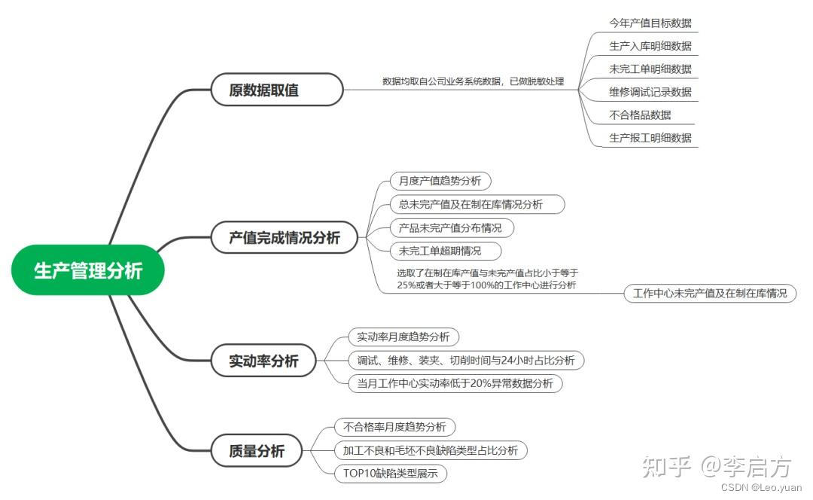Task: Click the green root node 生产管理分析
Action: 88,270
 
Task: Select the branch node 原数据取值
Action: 264,90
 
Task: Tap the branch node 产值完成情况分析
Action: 285,238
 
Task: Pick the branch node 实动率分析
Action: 264,361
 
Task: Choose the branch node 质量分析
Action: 257,451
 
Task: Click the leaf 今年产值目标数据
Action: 650,23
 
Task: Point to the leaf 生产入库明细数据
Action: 650,46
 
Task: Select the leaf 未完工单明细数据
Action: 650,69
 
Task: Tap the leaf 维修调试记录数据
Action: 650,93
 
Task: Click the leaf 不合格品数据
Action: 640,115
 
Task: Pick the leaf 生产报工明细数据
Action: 650,138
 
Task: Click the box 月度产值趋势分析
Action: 440,181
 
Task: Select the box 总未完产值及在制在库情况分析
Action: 477,204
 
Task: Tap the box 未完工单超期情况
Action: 445,251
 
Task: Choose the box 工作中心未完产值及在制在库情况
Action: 710,293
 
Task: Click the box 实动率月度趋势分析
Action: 403,337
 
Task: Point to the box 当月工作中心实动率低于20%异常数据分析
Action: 455,383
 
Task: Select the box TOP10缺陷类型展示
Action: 391,474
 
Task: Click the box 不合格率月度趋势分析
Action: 394,427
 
